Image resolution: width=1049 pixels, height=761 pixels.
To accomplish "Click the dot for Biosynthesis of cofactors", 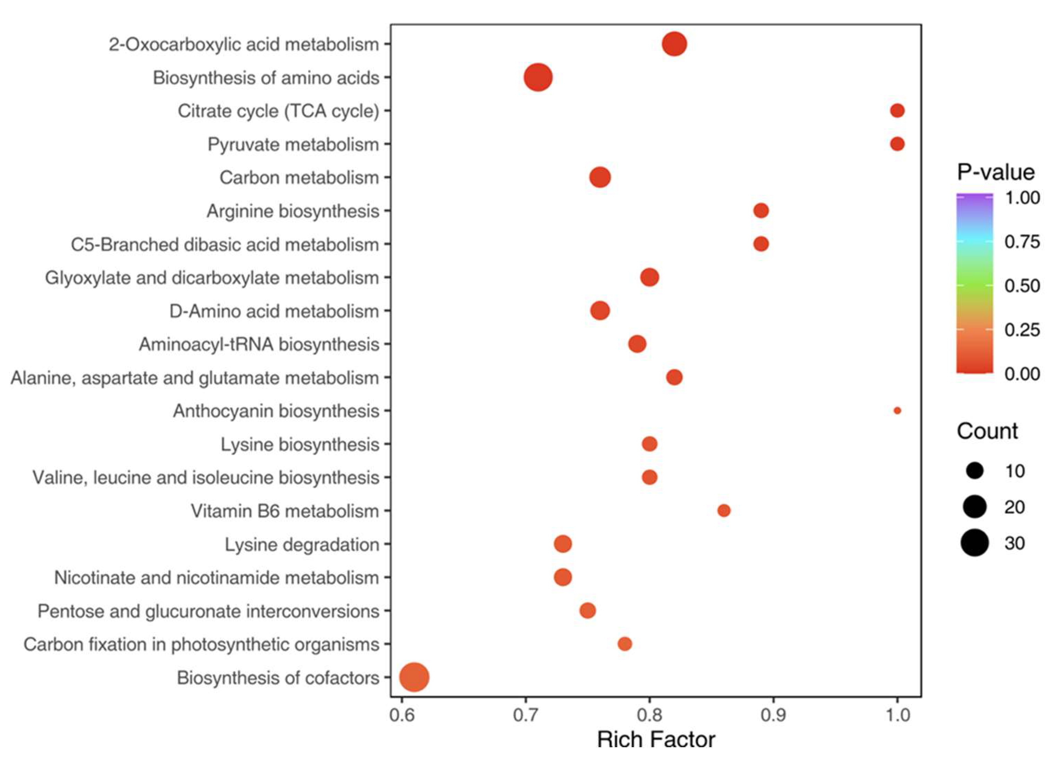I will (414, 677).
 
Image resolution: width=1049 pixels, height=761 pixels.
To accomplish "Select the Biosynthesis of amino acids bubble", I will (538, 78).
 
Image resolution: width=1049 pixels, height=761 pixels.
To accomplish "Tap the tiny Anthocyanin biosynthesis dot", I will (897, 410).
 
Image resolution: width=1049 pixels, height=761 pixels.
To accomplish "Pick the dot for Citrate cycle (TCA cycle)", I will (897, 110).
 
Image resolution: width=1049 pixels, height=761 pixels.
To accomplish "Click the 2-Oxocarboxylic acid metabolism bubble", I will (674, 44).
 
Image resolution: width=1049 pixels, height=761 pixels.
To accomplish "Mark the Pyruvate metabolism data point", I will (897, 144).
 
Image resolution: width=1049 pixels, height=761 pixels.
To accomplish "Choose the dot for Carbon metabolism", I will (600, 178).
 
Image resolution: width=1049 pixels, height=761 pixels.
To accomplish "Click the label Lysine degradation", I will (301, 544).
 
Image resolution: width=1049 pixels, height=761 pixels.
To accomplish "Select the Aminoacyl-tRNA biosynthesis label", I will (259, 345).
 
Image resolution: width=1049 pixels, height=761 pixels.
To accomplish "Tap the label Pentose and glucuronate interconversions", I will (208, 611).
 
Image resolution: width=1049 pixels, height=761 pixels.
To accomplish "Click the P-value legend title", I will (995, 172).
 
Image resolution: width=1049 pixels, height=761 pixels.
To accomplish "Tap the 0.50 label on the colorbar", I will (1022, 286).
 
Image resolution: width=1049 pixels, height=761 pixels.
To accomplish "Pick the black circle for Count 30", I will (975, 543).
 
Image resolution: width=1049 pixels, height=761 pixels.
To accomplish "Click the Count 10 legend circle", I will (975, 471).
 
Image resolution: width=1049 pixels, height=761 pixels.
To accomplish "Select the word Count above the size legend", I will (987, 431).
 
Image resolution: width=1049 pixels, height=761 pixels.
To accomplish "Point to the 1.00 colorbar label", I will (1022, 198).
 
